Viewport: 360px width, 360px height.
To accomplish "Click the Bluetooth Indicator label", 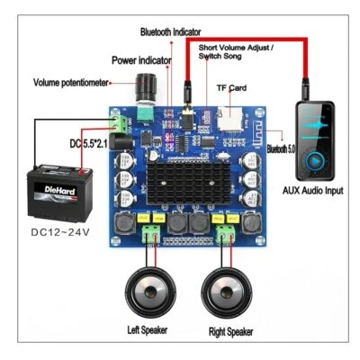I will (x=171, y=31).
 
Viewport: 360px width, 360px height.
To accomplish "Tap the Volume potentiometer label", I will (x=71, y=82).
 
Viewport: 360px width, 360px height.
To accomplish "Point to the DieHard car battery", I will (x=58, y=189).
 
